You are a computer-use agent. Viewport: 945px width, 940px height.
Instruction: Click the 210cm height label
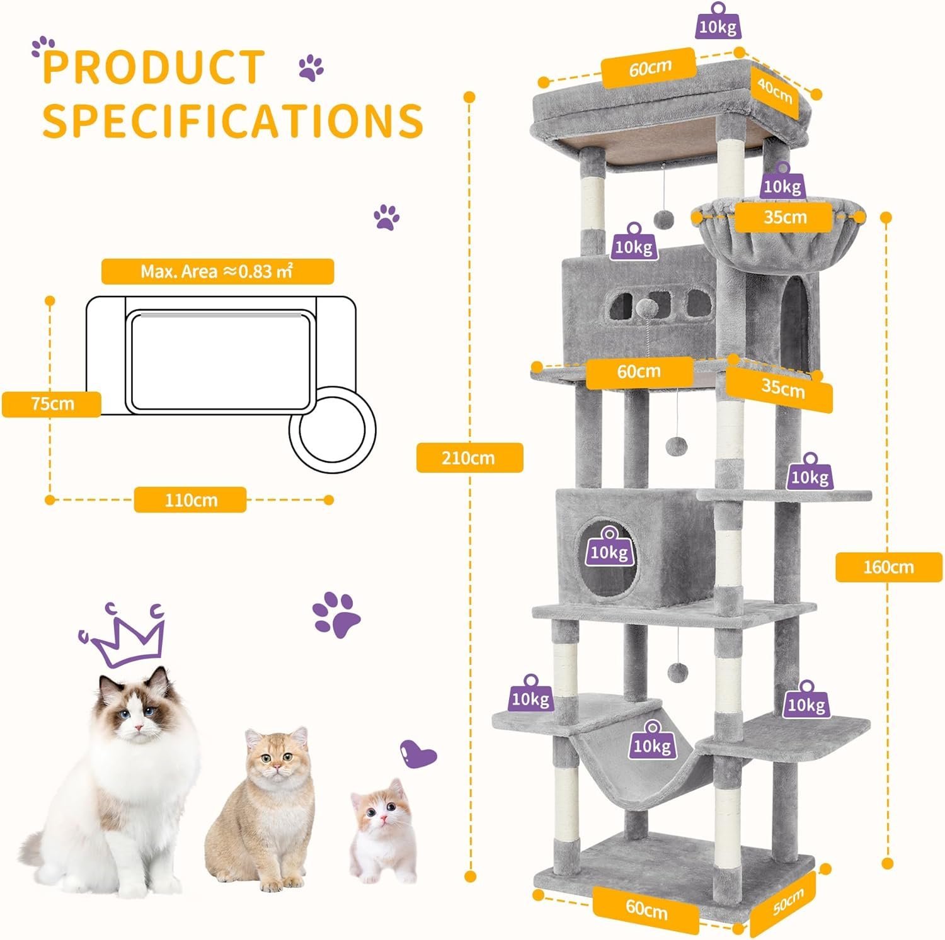pos(469,458)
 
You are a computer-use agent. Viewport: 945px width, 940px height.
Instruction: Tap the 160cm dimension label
pos(888,567)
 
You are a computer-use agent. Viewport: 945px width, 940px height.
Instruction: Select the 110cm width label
pos(190,500)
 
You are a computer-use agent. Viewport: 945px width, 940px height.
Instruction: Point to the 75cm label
pos(52,404)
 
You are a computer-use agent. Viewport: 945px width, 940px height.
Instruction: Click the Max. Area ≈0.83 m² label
pos(217,271)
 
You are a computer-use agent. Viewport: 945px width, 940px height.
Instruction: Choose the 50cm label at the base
pos(788,903)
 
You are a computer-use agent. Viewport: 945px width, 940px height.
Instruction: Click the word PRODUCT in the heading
pos(154,67)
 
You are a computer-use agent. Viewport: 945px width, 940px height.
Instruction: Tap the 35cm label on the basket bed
pos(785,217)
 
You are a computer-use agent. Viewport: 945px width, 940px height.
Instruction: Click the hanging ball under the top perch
pos(661,218)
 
